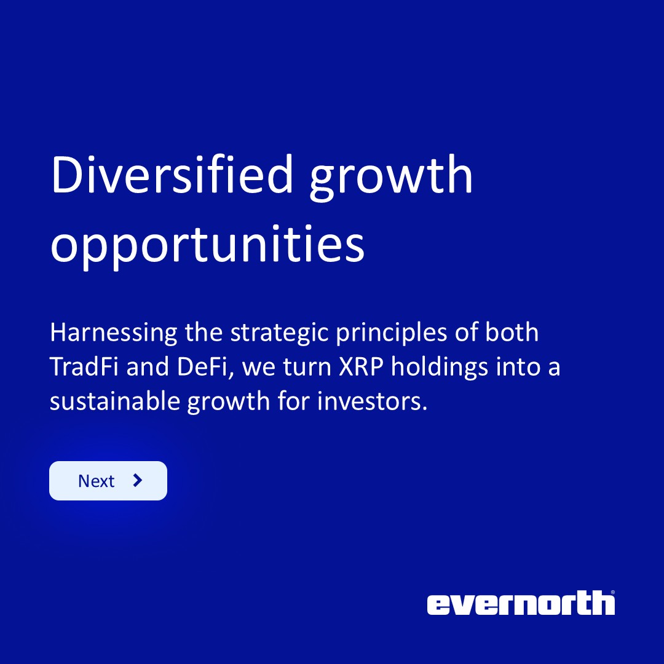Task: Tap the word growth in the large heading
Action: (391, 178)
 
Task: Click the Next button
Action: (108, 481)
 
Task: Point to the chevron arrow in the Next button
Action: (138, 480)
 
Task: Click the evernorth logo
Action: (520, 604)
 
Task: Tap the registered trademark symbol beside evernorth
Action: (612, 593)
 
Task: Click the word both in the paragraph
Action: (512, 333)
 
